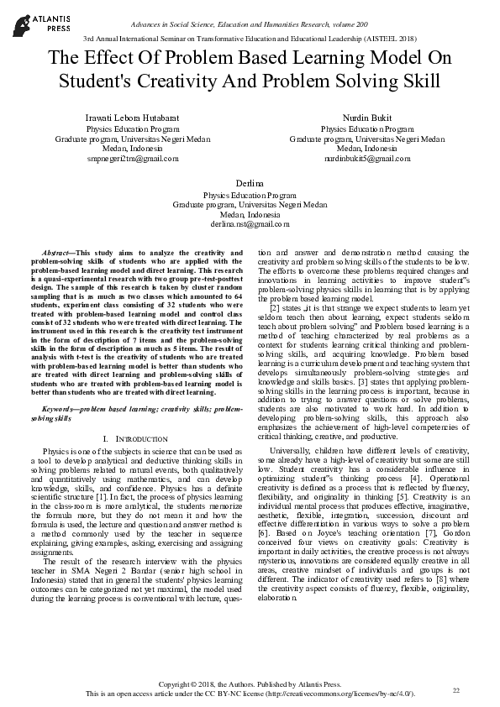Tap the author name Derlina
(250, 182)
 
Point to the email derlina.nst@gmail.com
(250, 224)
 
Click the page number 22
(457, 689)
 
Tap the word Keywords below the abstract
(61, 407)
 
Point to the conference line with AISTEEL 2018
(250, 39)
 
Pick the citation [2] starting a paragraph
(273, 310)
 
